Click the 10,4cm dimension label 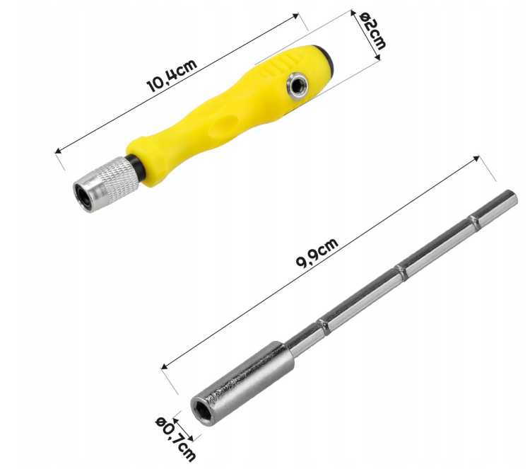point(172,76)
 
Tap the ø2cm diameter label point(372,31)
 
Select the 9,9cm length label point(317,253)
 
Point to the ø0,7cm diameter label point(176,439)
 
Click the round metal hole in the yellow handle point(297,86)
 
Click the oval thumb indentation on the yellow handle point(224,125)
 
